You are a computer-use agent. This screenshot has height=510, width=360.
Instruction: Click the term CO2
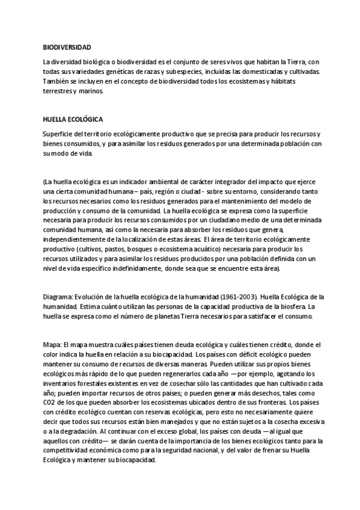pos(49,402)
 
